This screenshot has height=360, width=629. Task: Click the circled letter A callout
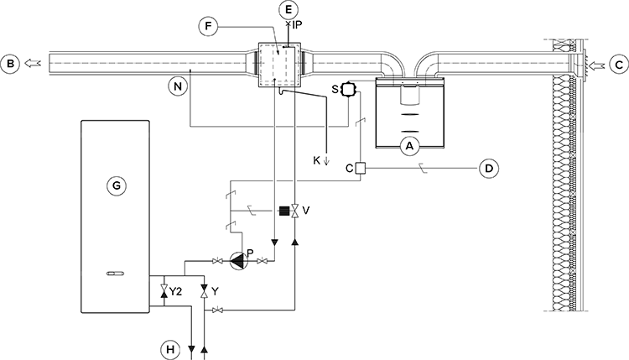[x=410, y=146]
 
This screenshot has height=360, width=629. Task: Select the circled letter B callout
[x=11, y=63]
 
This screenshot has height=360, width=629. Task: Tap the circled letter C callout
[x=618, y=63]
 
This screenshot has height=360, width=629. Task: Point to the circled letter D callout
[x=490, y=169]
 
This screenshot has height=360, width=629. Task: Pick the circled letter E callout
[x=289, y=10]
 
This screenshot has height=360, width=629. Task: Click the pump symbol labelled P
[x=239, y=261]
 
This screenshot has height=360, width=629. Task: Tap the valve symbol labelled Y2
[x=164, y=291]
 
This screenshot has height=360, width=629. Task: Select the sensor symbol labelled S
[x=350, y=88]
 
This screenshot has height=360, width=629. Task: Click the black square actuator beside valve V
[x=283, y=211]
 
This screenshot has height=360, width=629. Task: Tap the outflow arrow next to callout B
[x=33, y=63]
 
